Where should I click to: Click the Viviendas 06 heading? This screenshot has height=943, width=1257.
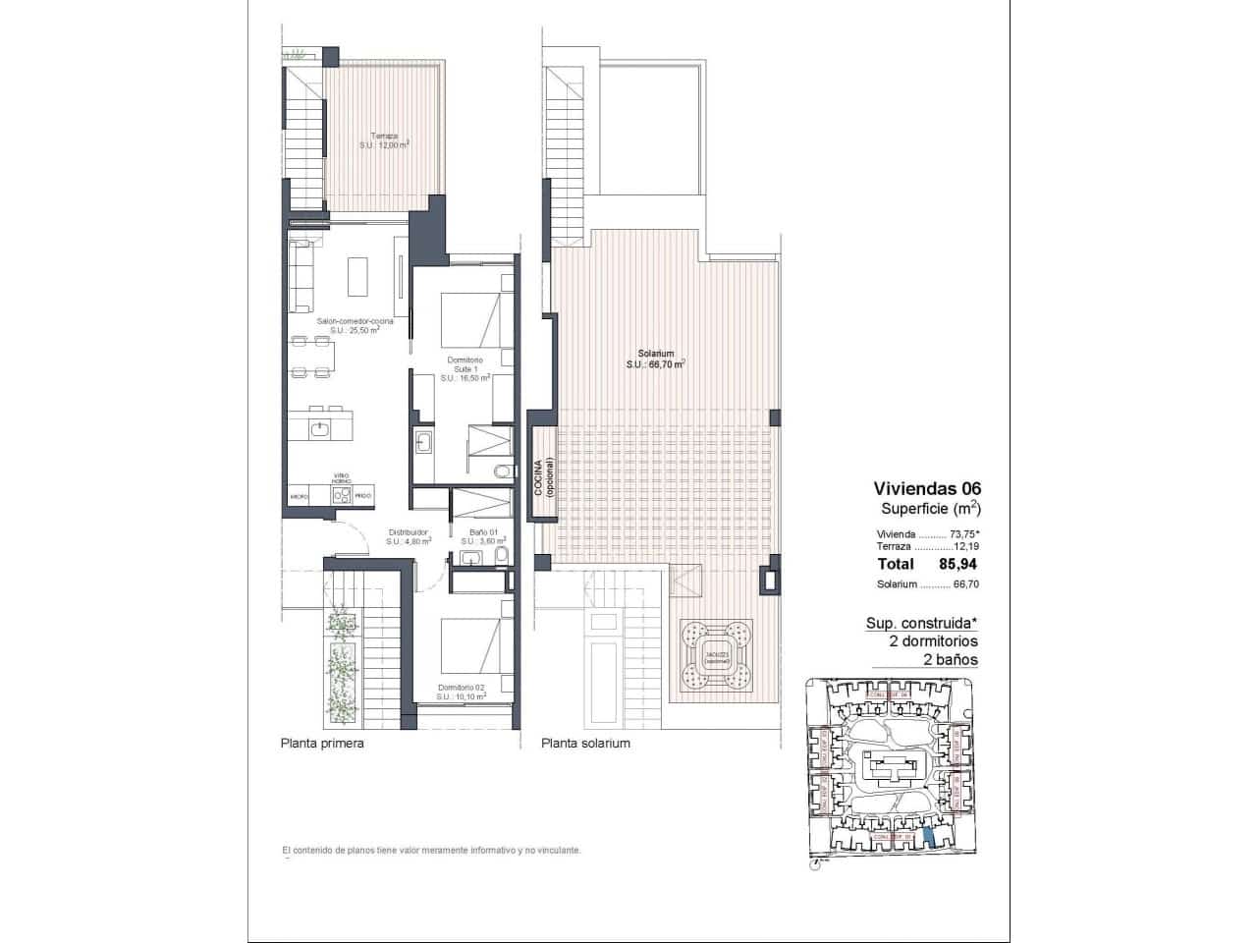927,488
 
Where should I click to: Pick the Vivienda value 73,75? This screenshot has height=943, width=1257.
965,535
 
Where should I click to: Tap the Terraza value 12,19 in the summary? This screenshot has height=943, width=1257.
967,546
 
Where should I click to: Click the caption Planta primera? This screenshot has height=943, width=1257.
322,744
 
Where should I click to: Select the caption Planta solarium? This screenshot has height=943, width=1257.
585,744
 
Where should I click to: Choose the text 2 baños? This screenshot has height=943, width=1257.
951,660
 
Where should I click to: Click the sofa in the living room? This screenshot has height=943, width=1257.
301,275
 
